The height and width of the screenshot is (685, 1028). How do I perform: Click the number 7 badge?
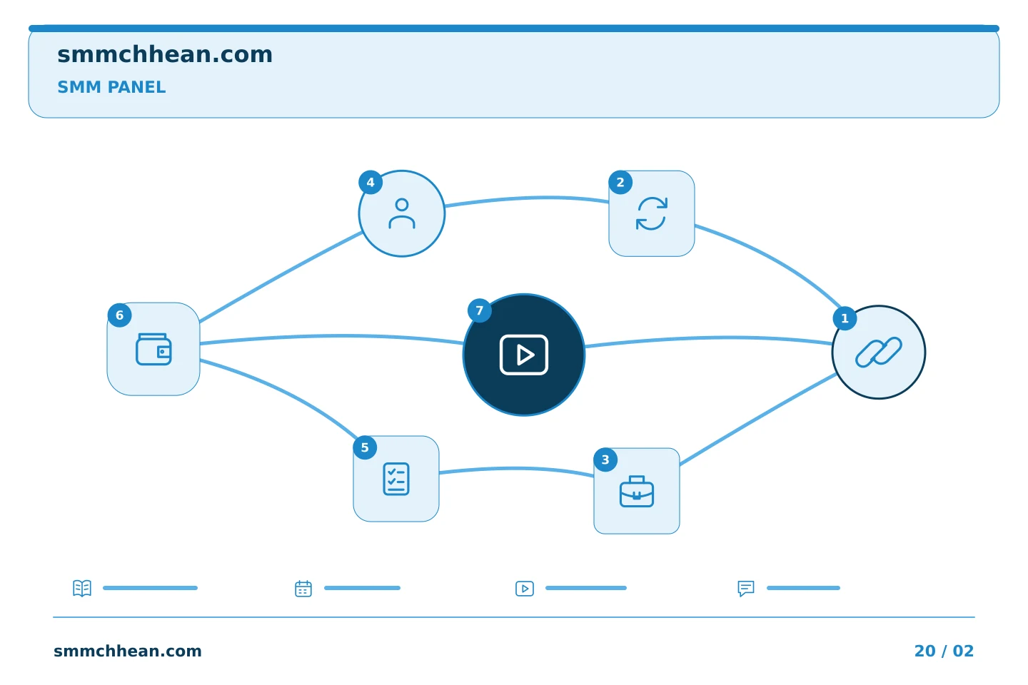(480, 310)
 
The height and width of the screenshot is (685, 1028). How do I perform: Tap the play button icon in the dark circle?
(524, 355)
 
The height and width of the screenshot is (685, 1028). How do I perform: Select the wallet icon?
(153, 349)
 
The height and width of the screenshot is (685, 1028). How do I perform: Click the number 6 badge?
(120, 315)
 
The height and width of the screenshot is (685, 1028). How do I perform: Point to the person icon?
(402, 213)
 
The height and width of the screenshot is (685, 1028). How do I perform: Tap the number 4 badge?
(371, 183)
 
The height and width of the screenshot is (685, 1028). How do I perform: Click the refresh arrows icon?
(652, 213)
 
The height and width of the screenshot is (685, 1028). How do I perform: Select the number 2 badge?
(620, 183)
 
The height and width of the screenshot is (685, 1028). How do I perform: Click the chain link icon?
(879, 352)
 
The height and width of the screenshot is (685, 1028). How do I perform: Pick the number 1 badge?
(845, 318)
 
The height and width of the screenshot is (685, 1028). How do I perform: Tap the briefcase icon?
(637, 492)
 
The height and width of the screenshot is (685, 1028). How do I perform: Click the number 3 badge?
(606, 460)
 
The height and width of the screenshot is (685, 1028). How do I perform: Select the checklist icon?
(396, 479)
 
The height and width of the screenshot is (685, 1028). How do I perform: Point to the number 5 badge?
(366, 448)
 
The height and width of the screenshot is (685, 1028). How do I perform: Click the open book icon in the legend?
(82, 588)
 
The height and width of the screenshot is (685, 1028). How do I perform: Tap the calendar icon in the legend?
(303, 589)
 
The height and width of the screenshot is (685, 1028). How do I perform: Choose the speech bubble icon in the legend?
(746, 589)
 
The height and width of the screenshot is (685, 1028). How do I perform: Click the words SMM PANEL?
(111, 87)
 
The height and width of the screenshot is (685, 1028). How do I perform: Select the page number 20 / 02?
(944, 651)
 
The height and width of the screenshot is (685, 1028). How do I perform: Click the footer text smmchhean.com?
(128, 651)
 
